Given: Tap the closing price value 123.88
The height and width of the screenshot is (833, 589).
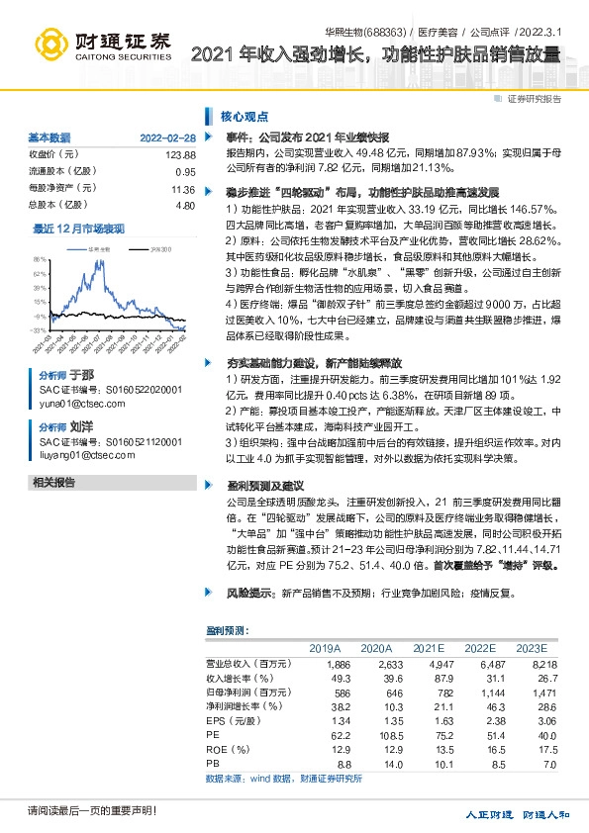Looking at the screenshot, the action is (181, 155).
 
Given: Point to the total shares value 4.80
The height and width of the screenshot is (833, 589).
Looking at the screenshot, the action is (185, 205).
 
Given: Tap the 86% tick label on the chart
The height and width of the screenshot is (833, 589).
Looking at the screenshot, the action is (40, 259).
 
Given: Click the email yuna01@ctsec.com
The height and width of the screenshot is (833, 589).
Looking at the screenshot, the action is (79, 403).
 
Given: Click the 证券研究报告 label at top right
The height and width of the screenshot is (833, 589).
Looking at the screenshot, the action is (535, 99).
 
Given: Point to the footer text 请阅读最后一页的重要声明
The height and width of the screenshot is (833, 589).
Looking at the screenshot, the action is (79, 811).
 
